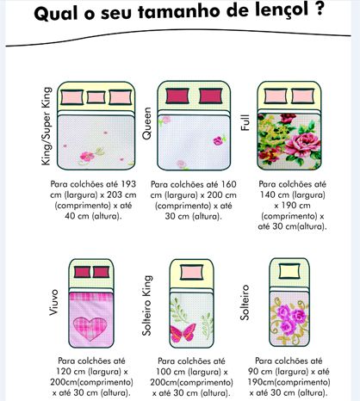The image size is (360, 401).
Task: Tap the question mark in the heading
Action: pos(318,9)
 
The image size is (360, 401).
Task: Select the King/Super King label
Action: pos(47,126)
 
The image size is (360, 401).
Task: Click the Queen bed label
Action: pos(146,123)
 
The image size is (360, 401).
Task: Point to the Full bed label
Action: pos(245,122)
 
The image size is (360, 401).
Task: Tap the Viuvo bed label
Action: pos(53,303)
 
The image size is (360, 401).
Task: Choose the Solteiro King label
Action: pos(147,305)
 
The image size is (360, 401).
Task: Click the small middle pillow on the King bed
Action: pos(96,97)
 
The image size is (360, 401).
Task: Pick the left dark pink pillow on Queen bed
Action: pos(177,96)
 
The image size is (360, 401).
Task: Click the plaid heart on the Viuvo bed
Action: pos(90,329)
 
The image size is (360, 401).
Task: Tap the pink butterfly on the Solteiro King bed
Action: pos(183,333)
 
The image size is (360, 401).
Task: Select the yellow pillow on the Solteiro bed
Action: pos(289,271)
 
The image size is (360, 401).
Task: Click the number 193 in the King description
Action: pos(128,184)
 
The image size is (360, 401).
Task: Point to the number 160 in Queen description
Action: pos(228,184)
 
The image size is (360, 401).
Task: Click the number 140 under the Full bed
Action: pos(267,194)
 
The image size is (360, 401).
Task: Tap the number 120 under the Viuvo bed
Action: pos(64,372)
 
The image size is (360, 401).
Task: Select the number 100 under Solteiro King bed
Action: pos(164,372)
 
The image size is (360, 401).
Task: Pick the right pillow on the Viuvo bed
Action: pos(101,272)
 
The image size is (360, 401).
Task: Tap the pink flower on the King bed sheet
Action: pos(87,156)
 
